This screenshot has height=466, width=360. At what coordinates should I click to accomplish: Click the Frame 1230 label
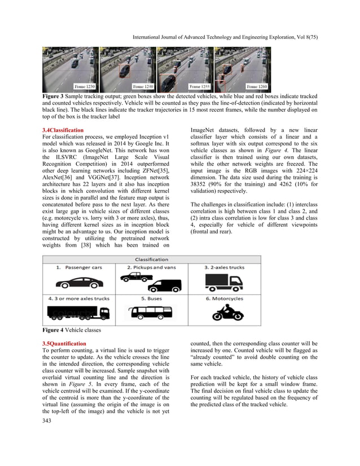coord(85,86)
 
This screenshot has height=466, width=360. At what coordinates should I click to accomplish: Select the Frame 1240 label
coord(142,86)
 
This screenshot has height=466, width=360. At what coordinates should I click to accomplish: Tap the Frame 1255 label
coord(200,86)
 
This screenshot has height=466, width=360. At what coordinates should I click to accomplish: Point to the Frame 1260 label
coord(257,86)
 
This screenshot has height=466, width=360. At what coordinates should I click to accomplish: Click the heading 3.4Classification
coord(63,130)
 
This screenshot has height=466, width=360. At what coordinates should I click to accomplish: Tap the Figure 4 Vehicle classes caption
coord(72,330)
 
